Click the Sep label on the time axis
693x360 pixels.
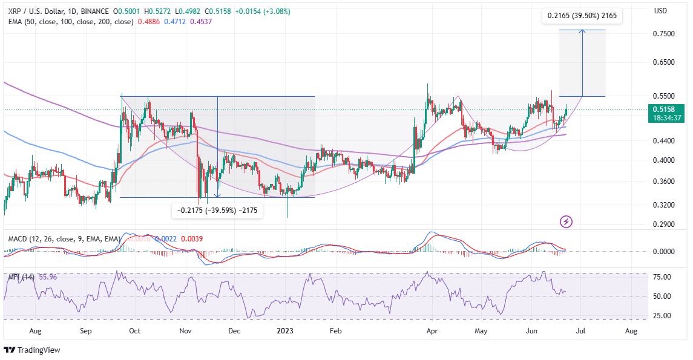tap(85, 331)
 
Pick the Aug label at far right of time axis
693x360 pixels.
tap(631, 331)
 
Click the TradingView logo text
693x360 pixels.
tap(37, 350)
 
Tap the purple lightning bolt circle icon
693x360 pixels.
tap(566, 222)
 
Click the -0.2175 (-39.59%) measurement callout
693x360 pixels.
tap(217, 211)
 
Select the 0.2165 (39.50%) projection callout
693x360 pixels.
tap(582, 16)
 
